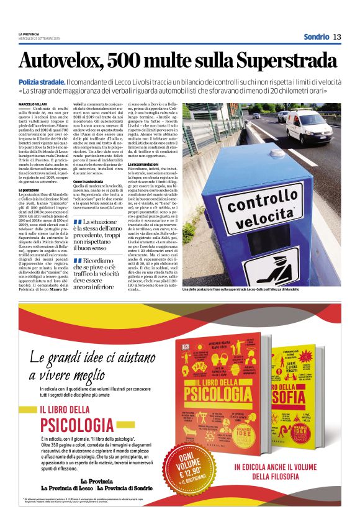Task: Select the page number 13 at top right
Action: point(337,37)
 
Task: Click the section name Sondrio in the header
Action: point(316,37)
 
